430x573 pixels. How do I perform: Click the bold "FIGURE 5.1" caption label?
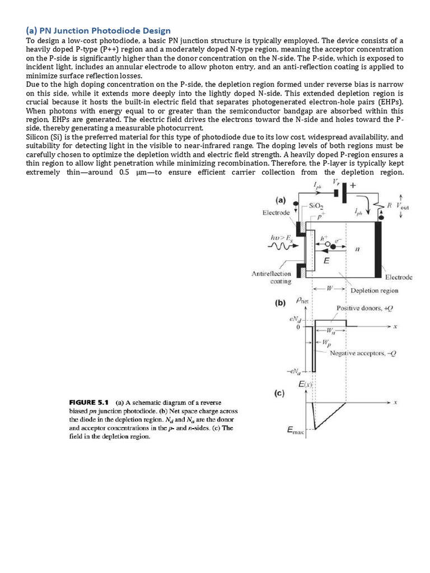coord(90,402)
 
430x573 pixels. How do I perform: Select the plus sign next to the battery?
coord(353,185)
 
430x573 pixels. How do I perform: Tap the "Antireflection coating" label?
coord(271,277)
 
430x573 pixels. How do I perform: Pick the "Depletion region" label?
coord(374,290)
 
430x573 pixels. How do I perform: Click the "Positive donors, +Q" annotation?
coord(363,308)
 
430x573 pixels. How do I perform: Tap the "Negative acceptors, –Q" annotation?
coord(363,353)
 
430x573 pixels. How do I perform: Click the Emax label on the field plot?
coord(296,430)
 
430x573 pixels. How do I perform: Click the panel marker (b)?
coord(280,303)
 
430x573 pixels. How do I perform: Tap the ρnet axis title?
coord(302,300)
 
